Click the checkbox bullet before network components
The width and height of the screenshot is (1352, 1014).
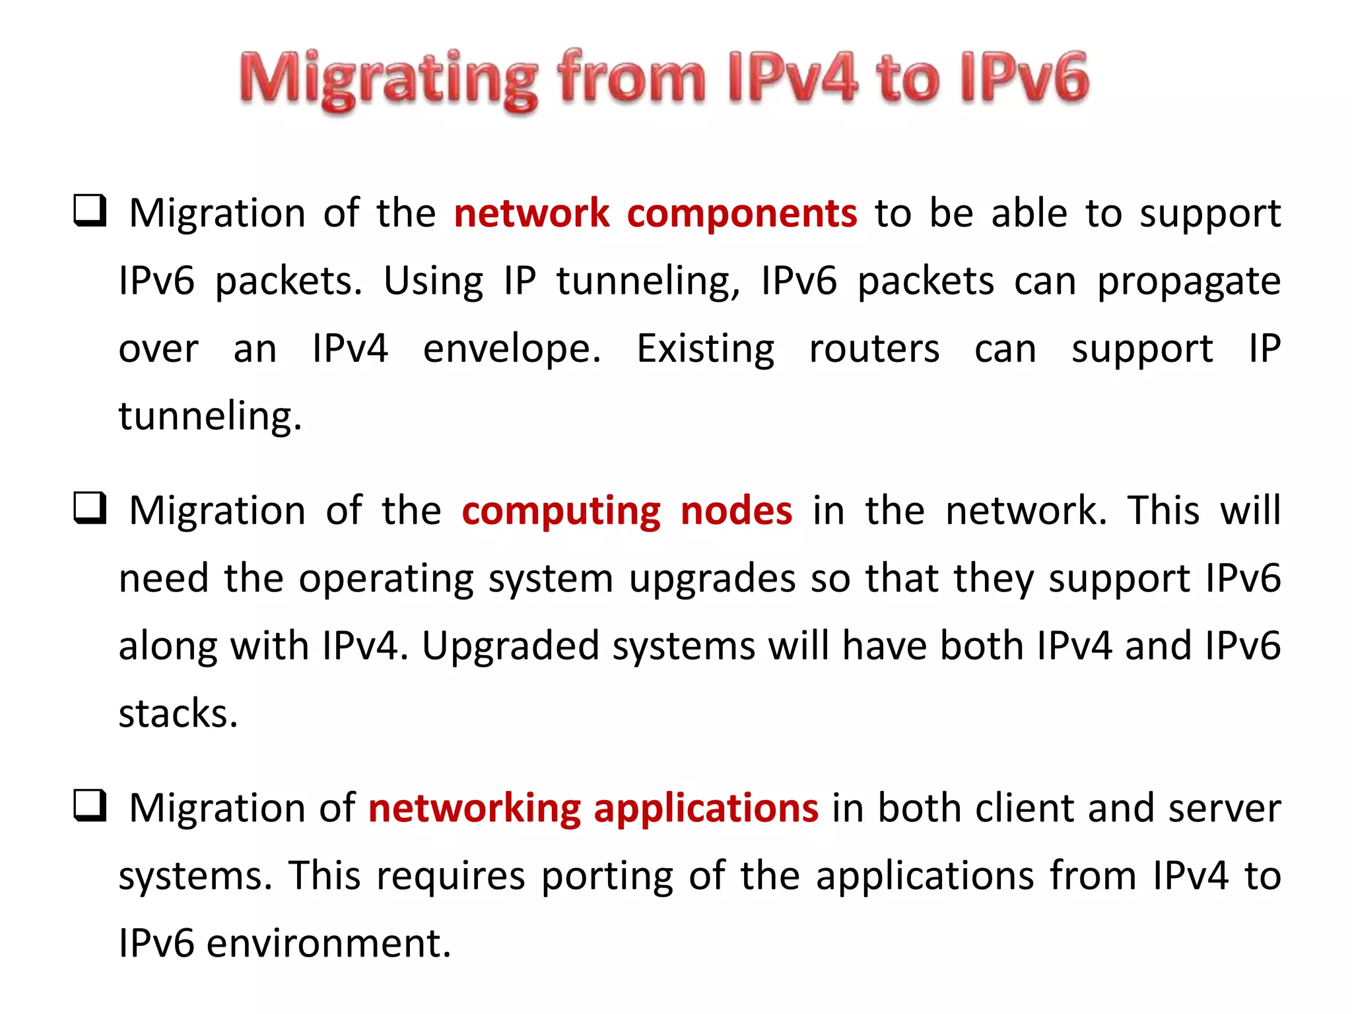(90, 211)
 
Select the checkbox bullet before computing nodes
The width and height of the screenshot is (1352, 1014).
(90, 508)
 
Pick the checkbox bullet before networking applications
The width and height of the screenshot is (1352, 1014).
(90, 805)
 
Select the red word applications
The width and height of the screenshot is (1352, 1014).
(706, 809)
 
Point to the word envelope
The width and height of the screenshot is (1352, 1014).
(512, 349)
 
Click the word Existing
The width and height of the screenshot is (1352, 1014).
(705, 349)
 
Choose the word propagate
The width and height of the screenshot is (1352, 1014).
(1188, 282)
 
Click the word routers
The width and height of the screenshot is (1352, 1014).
(874, 349)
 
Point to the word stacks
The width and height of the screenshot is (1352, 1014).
(178, 714)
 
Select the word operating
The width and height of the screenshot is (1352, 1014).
(386, 580)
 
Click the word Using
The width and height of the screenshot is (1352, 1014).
(433, 282)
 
